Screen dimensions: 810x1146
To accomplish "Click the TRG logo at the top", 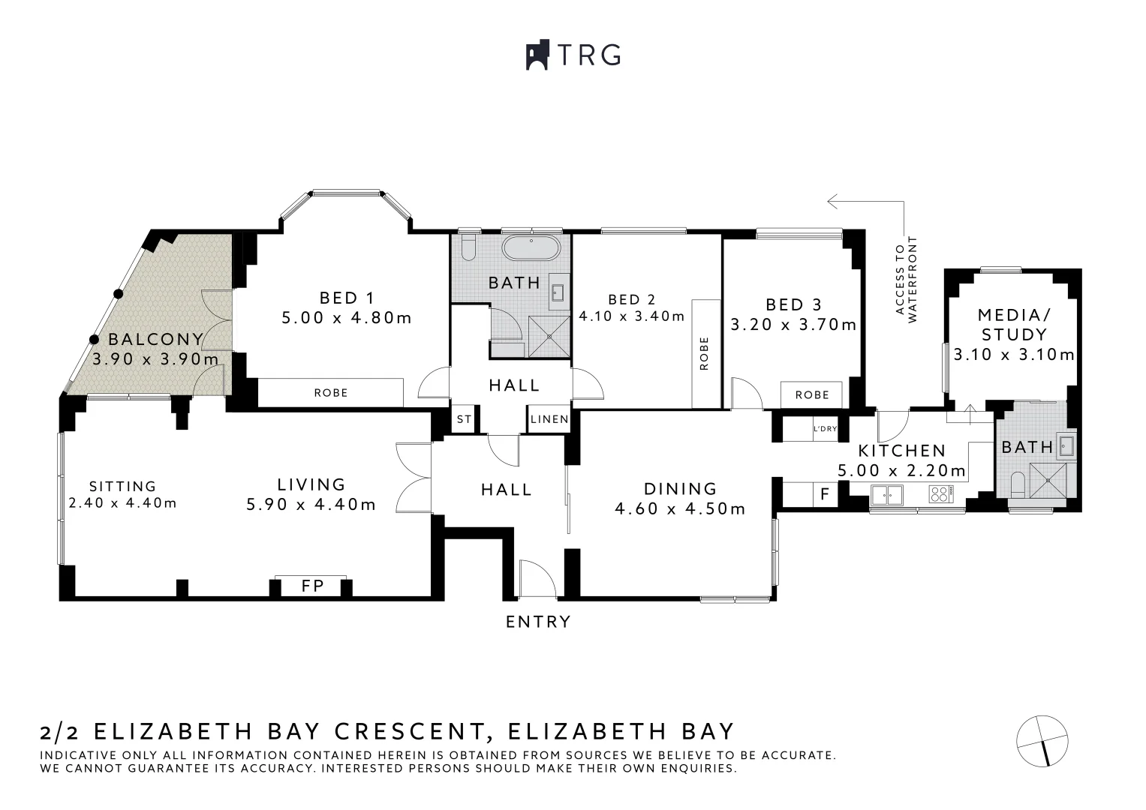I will (x=573, y=55).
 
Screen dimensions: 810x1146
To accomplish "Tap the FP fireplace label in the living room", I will (x=312, y=586).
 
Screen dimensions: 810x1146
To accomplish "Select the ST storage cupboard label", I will (x=464, y=419).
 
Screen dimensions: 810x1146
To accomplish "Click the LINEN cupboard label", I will (x=549, y=419).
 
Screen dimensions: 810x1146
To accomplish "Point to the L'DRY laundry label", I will (x=825, y=429).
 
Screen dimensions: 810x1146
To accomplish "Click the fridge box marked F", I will (x=825, y=495).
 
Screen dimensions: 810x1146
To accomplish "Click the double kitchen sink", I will (x=887, y=493).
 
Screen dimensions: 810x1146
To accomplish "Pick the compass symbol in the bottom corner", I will (x=1042, y=741).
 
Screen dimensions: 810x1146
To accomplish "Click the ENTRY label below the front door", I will (x=538, y=622).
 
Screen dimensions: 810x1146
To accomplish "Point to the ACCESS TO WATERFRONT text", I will (x=906, y=280).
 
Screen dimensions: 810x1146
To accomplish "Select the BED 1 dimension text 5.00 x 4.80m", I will (x=347, y=318).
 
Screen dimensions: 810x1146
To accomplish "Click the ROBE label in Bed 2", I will (x=703, y=353).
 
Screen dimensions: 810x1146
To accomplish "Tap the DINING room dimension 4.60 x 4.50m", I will (x=680, y=509).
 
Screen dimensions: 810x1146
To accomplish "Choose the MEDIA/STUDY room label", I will (x=1014, y=324).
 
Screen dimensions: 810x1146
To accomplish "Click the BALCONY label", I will (x=155, y=339).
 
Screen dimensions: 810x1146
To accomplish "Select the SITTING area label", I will (x=122, y=486).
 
